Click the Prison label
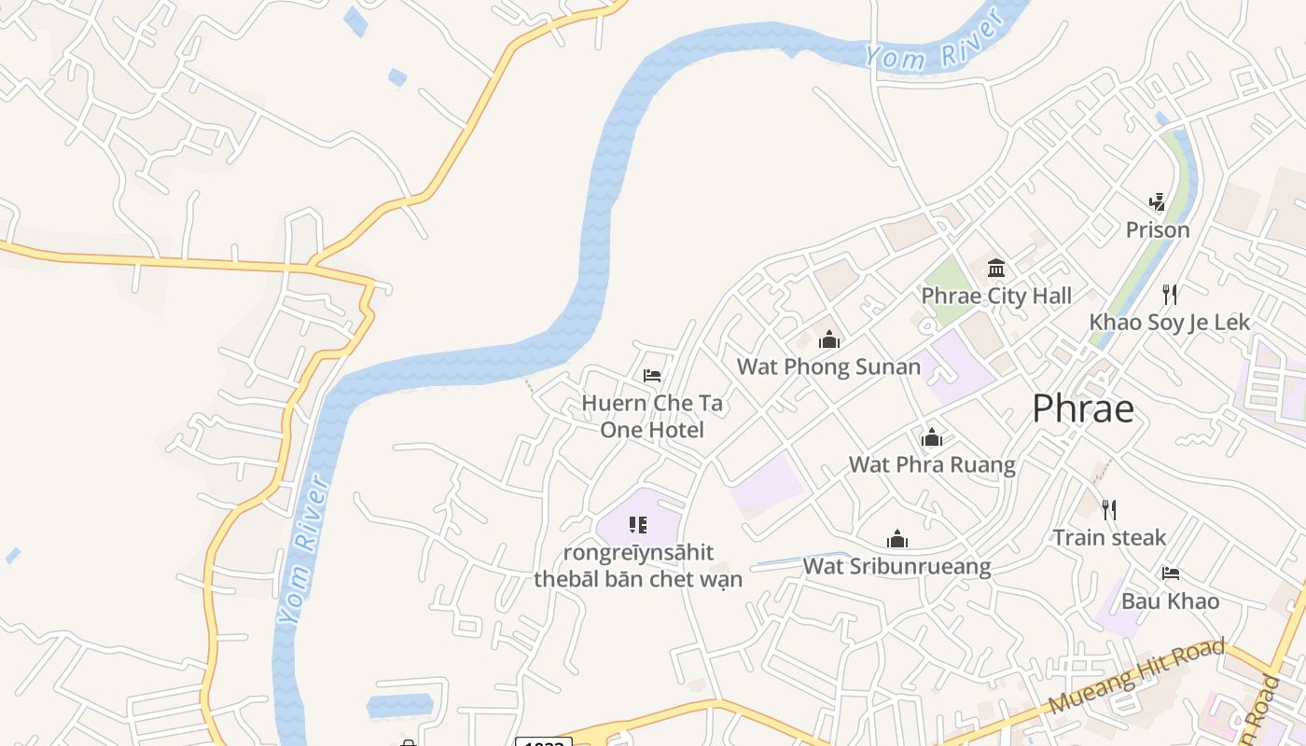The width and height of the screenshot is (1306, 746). (1158, 229)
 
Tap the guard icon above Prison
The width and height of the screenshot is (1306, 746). (1158, 201)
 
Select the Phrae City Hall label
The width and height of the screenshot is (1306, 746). (996, 297)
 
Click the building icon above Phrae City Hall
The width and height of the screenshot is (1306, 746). (996, 269)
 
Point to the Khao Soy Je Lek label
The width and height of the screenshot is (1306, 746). (1170, 323)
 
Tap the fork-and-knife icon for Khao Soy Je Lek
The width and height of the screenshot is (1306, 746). (1170, 295)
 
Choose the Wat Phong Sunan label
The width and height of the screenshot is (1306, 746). (829, 366)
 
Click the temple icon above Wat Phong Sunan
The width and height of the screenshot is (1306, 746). (829, 339)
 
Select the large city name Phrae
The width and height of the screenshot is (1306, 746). (1083, 409)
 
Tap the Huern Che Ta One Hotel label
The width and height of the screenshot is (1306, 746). (652, 416)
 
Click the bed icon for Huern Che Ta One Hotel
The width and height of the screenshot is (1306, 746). (652, 376)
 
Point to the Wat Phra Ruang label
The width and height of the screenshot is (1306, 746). (932, 464)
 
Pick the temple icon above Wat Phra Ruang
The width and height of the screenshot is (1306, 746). (932, 437)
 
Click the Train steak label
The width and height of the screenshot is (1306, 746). (1109, 537)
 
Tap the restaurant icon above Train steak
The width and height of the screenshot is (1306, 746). (1109, 509)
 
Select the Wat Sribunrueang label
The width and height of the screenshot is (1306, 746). (896, 566)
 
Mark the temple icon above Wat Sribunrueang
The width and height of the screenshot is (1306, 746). (897, 539)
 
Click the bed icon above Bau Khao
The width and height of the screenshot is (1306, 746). (1171, 573)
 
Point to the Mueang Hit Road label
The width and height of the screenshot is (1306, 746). (1136, 676)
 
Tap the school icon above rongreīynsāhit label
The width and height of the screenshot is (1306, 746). (638, 525)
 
